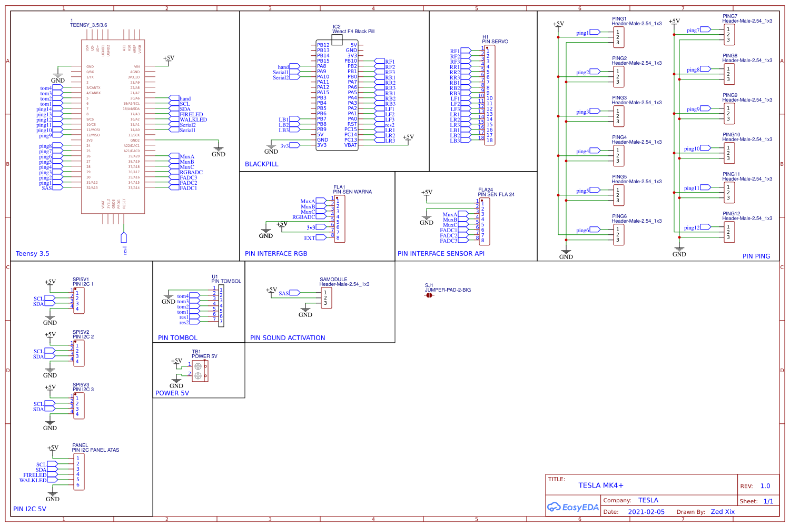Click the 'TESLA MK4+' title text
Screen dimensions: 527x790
tap(600, 485)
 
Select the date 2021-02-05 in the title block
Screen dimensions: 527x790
tap(646, 512)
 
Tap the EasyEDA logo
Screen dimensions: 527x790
tap(573, 507)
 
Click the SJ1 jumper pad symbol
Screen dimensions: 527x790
tap(429, 295)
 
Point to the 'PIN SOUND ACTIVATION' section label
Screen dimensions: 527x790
tap(288, 338)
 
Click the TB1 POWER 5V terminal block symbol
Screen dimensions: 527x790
tap(200, 371)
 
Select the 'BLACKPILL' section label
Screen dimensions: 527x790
tap(261, 164)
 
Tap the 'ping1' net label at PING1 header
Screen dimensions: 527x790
tap(582, 33)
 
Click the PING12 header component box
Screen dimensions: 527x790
tap(729, 232)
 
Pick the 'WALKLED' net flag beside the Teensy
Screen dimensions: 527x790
tap(193, 120)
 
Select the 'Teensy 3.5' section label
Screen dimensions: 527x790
tap(32, 254)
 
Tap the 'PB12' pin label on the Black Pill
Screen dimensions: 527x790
tap(323, 45)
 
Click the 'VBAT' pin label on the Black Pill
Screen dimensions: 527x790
tap(351, 145)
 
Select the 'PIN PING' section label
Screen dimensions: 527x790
tap(756, 256)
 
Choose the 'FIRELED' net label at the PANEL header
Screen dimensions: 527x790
tap(34, 475)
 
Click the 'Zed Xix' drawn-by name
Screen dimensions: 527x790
tap(723, 512)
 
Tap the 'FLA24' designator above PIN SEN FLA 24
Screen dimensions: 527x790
tap(486, 190)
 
